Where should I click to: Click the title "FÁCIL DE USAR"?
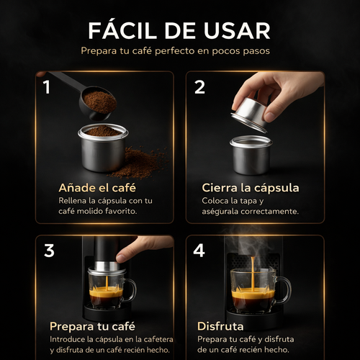tap(179, 30)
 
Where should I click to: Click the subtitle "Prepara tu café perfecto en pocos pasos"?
tap(179, 52)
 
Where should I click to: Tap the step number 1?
tap(47, 88)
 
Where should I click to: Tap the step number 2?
tap(199, 88)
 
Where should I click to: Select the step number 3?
tap(49, 251)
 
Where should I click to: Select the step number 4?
tap(200, 251)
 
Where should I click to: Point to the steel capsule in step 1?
tap(103, 148)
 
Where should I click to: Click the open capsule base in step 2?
tap(250, 154)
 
